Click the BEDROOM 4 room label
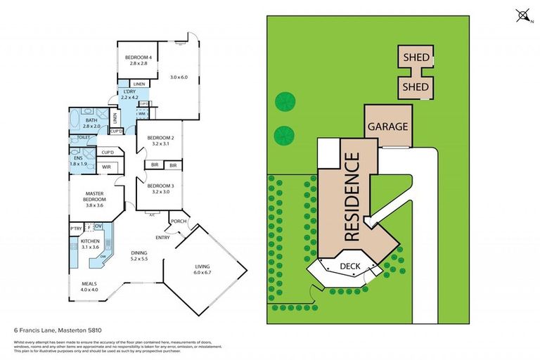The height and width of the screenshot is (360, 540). point(139,57)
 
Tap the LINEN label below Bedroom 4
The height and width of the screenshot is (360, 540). point(139,84)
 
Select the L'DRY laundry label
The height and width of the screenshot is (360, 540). point(129,93)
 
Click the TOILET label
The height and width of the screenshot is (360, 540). point(83,138)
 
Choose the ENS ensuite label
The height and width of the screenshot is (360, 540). point(79,159)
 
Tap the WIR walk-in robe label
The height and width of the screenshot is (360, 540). point(106,167)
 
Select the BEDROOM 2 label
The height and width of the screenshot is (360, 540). point(160,138)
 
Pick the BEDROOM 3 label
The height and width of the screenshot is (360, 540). point(160,186)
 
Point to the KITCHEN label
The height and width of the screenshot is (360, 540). point(91,241)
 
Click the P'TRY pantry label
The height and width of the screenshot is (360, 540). point(76,229)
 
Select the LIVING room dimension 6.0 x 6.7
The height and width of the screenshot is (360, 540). point(207,273)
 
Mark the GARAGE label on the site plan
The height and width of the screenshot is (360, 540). point(387,127)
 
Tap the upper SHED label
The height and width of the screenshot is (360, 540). point(416,56)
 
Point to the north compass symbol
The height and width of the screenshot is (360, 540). point(522,15)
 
